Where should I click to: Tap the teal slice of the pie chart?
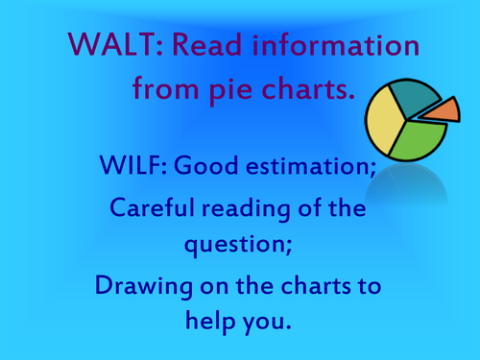(x=418, y=97)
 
